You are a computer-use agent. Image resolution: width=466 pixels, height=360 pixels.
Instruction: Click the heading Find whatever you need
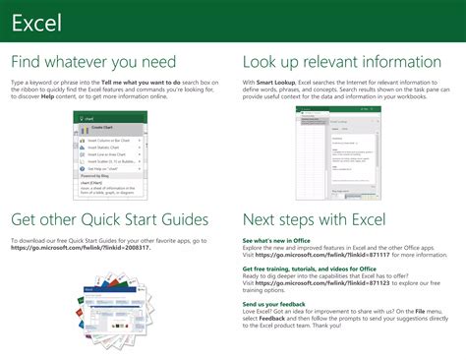[93, 62]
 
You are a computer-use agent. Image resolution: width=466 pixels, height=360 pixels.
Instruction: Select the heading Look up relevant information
[342, 62]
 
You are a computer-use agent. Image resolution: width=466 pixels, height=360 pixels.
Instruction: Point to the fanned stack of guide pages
[107, 299]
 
